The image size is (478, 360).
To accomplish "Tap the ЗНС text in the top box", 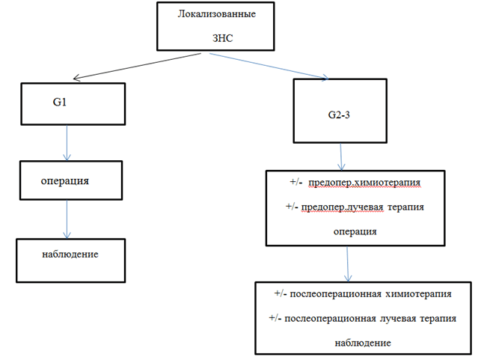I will (x=224, y=37).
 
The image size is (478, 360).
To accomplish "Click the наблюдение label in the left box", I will (x=71, y=254).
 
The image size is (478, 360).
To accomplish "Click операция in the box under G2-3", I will (x=355, y=231).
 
